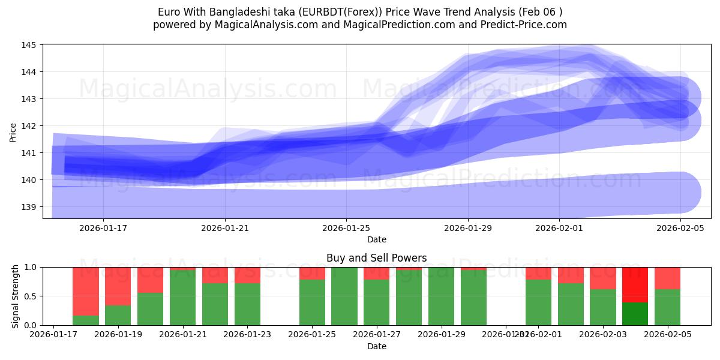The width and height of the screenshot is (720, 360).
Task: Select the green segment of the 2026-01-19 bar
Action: (x=118, y=315)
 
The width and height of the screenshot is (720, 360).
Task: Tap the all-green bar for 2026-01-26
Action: (x=344, y=296)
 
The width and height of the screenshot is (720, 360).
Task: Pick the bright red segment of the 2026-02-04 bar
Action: (x=635, y=284)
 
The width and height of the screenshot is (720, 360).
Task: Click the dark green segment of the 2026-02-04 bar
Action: (x=635, y=314)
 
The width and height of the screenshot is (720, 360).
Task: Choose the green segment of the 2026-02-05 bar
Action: (x=667, y=307)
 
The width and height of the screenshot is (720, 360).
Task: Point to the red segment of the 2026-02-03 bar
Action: (x=602, y=278)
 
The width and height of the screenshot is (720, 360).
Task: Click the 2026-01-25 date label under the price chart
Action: (x=346, y=228)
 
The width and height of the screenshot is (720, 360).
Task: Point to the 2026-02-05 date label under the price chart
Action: (x=680, y=228)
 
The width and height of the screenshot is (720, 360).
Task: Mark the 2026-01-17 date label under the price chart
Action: (x=103, y=228)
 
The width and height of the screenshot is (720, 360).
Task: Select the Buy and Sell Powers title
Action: (x=376, y=258)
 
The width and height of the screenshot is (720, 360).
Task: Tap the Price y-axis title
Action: (x=13, y=132)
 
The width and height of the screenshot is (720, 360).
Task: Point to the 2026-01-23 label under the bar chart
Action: (x=247, y=335)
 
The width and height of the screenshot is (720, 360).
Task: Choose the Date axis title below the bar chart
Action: (x=376, y=346)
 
